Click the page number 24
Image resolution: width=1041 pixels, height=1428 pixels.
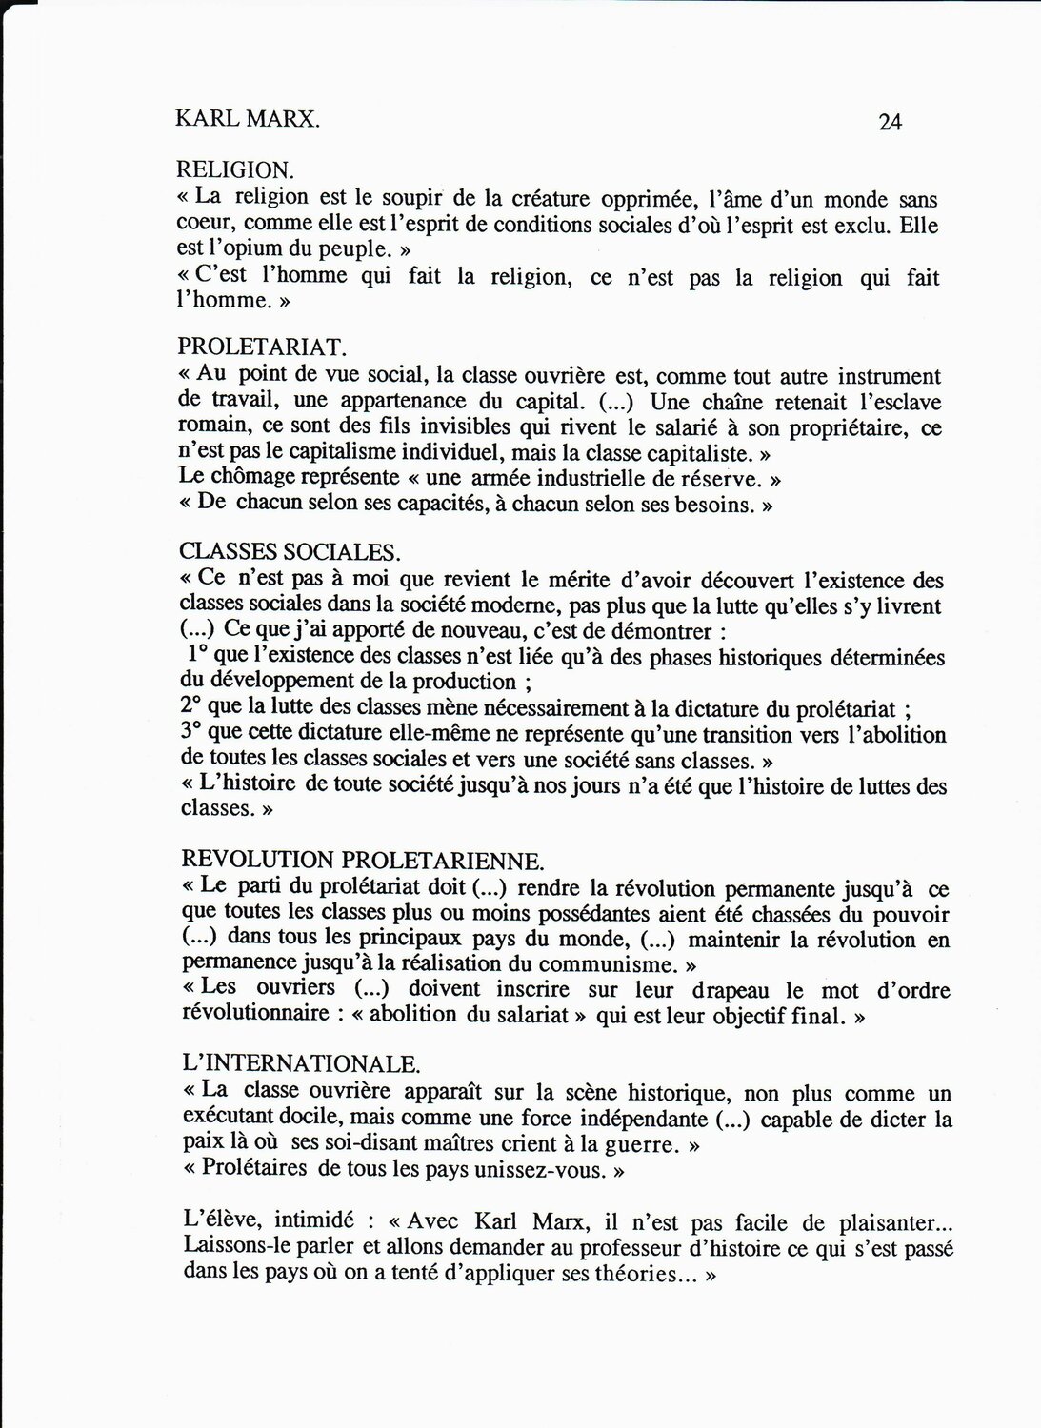coord(890,122)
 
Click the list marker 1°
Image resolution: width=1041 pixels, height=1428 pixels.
coord(199,656)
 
